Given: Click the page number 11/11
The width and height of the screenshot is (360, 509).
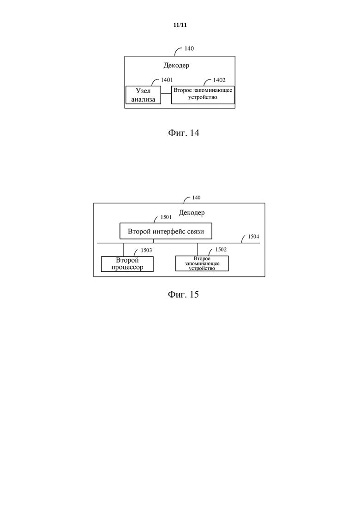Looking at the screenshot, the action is [x=180, y=25].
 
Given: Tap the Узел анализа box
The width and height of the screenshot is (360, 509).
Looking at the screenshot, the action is [x=143, y=95].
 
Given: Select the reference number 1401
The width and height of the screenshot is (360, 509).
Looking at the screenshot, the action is [x=167, y=80].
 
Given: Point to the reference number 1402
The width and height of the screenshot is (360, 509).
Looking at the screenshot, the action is [x=219, y=80].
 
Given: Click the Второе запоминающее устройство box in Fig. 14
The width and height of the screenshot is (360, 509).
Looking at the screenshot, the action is [x=203, y=95].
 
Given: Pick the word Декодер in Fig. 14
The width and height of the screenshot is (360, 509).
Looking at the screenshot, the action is [x=176, y=65].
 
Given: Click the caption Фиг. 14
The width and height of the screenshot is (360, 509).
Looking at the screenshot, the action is [x=183, y=133].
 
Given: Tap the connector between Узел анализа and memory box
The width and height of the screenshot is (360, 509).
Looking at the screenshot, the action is [x=166, y=94].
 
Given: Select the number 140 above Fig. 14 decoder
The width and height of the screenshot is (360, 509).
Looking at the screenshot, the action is [x=189, y=49].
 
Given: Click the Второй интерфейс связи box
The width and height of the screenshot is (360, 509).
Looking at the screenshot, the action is [x=166, y=231].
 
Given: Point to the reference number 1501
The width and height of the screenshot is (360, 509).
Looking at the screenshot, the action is [x=166, y=217].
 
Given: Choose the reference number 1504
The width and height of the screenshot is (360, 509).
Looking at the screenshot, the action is [x=253, y=237].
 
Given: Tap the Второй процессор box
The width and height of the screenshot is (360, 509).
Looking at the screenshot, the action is [x=127, y=264].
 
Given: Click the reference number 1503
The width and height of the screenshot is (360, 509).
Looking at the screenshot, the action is [x=146, y=250].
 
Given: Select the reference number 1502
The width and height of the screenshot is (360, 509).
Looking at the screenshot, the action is [x=221, y=250].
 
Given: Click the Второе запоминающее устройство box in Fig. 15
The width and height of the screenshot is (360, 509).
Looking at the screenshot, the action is [x=202, y=263].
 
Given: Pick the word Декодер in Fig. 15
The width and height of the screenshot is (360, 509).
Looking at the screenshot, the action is [x=192, y=213].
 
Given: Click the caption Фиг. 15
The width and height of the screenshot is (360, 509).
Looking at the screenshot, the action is [x=183, y=294].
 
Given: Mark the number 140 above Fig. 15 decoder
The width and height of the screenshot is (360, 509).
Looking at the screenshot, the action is [x=197, y=198].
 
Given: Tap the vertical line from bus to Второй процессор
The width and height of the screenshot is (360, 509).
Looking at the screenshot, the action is [x=123, y=250].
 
